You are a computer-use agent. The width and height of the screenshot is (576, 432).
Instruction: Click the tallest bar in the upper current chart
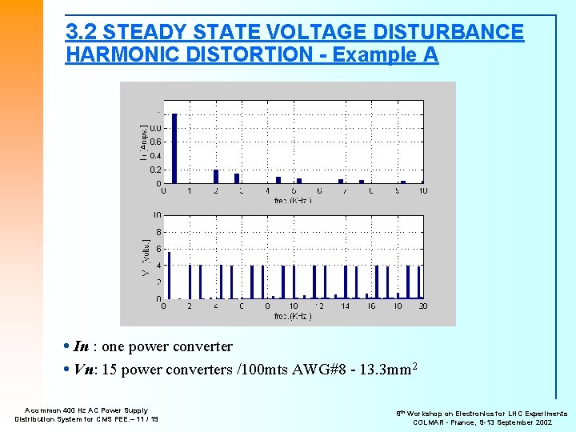coord(174,149)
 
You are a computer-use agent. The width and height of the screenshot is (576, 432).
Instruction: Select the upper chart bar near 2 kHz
coord(216,177)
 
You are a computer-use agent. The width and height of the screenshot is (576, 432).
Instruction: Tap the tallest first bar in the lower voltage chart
coord(169,275)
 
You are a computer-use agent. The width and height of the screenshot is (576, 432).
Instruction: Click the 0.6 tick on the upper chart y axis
coord(155,142)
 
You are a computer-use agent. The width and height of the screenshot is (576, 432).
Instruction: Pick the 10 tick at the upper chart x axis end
coord(422,190)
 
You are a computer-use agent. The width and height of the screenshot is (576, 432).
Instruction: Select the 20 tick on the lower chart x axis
coord(422,306)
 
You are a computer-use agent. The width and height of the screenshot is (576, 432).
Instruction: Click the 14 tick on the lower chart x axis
coord(345,306)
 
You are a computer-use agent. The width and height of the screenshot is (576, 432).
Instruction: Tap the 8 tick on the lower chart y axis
coord(158,232)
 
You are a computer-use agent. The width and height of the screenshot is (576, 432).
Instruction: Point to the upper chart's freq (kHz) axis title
coord(294,200)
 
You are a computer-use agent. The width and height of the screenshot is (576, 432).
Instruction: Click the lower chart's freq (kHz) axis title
coord(294,315)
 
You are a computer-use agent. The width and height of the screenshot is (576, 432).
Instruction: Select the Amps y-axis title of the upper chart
coord(144,142)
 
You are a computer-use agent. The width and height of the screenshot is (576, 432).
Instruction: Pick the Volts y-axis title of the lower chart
coord(144,258)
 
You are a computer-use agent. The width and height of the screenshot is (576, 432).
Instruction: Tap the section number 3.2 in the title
coord(82,33)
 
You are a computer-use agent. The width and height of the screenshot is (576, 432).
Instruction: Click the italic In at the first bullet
coord(81,346)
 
